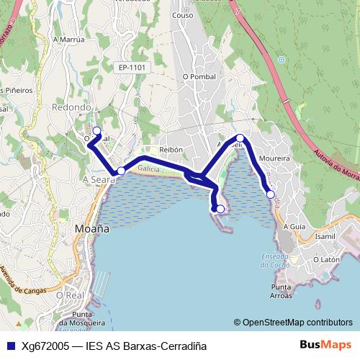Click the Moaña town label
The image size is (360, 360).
click(x=92, y=228)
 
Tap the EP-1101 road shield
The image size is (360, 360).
click(x=132, y=68)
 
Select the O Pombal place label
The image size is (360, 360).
click(x=199, y=76)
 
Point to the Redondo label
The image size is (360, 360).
click(x=71, y=107)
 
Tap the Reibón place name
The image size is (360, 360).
click(x=171, y=149)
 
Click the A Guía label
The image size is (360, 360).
click(x=295, y=226)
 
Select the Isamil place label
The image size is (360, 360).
click(x=325, y=236)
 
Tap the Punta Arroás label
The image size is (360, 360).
click(x=282, y=291)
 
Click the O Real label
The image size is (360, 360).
click(x=70, y=295)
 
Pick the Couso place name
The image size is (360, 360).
click(x=183, y=14)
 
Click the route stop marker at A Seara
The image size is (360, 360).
click(x=121, y=171)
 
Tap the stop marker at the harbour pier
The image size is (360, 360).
click(x=220, y=210)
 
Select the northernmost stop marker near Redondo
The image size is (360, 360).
click(x=96, y=131)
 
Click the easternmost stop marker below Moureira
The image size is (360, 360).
click(x=270, y=194)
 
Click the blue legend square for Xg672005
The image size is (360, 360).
click(x=10, y=346)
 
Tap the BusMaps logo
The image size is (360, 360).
click(x=325, y=345)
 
